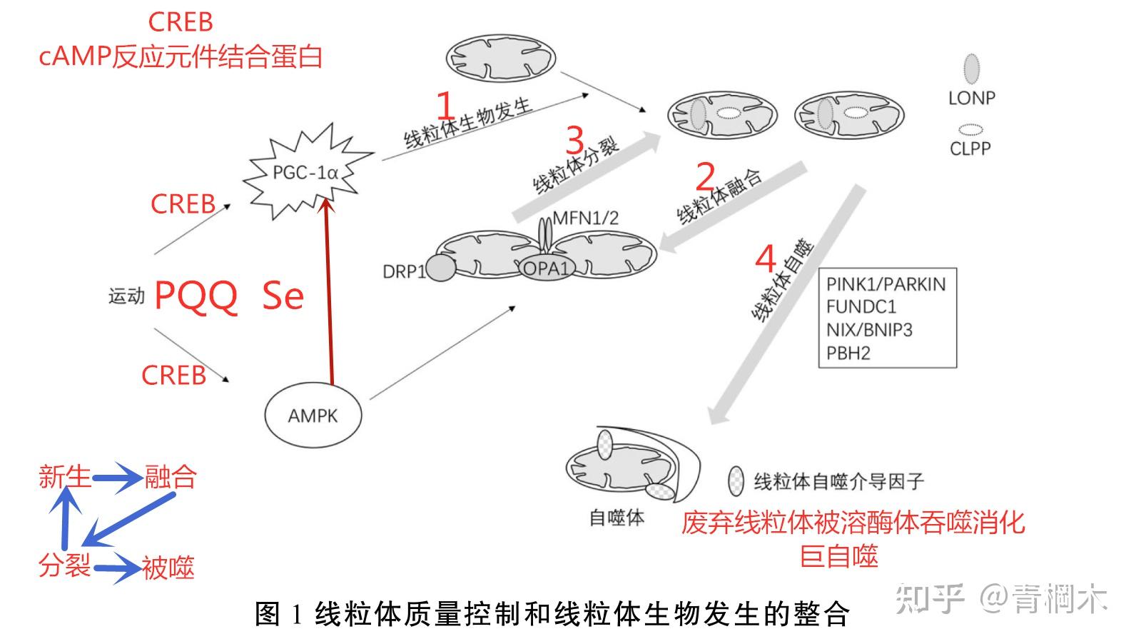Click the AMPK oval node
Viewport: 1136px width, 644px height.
tap(313, 416)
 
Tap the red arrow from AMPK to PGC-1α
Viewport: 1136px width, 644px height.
tap(330, 293)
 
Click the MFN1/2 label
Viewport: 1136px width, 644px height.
tap(586, 218)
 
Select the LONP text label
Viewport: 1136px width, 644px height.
tap(971, 98)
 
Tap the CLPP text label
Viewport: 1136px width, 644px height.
tap(970, 149)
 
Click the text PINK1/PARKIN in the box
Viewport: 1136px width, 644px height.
tap(886, 284)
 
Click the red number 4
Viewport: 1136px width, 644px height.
tap(765, 258)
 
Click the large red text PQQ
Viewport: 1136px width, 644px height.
tap(196, 295)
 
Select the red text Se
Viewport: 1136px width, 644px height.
tap(283, 295)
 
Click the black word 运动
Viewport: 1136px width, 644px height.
tap(126, 296)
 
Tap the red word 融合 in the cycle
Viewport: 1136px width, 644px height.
tap(170, 476)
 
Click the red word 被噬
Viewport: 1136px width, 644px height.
tap(168, 568)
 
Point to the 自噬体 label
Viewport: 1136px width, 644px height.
tap(617, 518)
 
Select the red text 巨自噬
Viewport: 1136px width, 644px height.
tap(838, 556)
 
